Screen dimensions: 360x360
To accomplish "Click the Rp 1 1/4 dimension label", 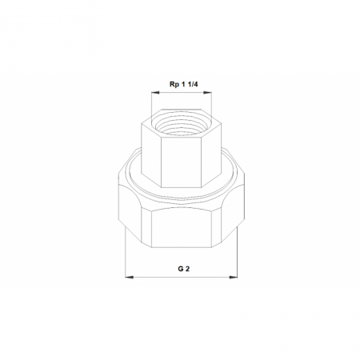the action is (x=183, y=85).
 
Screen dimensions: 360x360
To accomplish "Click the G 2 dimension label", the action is (x=184, y=269).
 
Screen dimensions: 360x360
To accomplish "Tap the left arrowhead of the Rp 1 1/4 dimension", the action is (x=155, y=93).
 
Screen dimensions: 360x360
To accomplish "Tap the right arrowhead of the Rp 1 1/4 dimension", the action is (x=207, y=93).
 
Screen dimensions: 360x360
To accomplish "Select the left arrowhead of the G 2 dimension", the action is (x=130, y=278).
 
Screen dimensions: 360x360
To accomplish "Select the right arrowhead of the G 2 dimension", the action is (x=234, y=278).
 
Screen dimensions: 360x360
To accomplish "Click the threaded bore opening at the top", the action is (x=182, y=124).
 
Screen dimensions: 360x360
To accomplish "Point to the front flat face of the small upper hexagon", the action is (x=181, y=162).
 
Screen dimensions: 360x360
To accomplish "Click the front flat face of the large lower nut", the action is (x=182, y=228).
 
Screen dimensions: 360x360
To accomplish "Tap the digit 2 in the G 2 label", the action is (x=187, y=269).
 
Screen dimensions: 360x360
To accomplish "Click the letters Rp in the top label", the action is (x=174, y=85).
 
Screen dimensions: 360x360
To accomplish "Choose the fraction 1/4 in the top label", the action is (x=194, y=85).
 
